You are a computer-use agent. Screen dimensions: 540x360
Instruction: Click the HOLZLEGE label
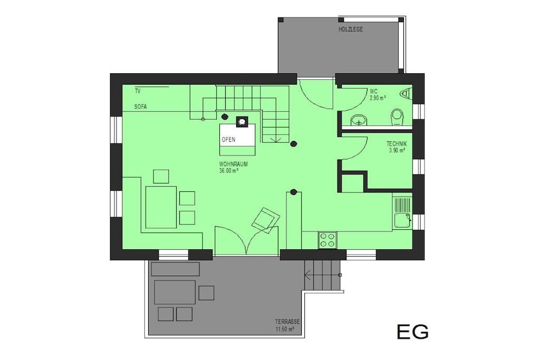pos(351,30)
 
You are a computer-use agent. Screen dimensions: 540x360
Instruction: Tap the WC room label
pos(374,92)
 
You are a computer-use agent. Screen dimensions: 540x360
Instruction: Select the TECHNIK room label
pos(397,144)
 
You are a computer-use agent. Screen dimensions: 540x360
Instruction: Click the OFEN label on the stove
pos(228,139)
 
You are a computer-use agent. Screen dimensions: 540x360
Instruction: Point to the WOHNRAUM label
pos(233,164)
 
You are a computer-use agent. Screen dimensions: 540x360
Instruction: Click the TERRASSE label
pos(287,322)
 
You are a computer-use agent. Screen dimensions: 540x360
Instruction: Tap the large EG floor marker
pos(412,332)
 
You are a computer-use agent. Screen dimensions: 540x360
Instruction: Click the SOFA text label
pos(140,106)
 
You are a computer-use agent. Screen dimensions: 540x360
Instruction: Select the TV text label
pos(138,91)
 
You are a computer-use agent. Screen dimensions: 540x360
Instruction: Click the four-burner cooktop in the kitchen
pos(327,240)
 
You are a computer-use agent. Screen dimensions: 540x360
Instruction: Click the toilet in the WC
pos(397,117)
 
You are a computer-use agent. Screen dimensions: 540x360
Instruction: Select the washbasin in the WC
pos(359,121)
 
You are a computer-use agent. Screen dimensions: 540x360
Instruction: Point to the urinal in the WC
pos(407,94)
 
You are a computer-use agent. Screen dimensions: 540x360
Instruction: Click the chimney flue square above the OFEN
pos(242,121)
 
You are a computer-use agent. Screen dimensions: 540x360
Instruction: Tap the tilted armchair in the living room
pos(266,221)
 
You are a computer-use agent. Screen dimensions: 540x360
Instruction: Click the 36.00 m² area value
pos(229,170)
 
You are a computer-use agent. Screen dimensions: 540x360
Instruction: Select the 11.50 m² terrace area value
pos(284,329)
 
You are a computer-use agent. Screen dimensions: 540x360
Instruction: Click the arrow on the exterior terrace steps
pos(308,275)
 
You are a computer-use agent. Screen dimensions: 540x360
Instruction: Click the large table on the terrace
pos(175,292)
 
